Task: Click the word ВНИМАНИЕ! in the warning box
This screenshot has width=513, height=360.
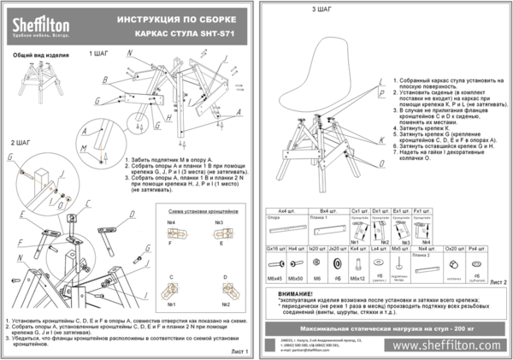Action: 296,293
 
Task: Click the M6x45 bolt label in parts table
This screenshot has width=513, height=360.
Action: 275,279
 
